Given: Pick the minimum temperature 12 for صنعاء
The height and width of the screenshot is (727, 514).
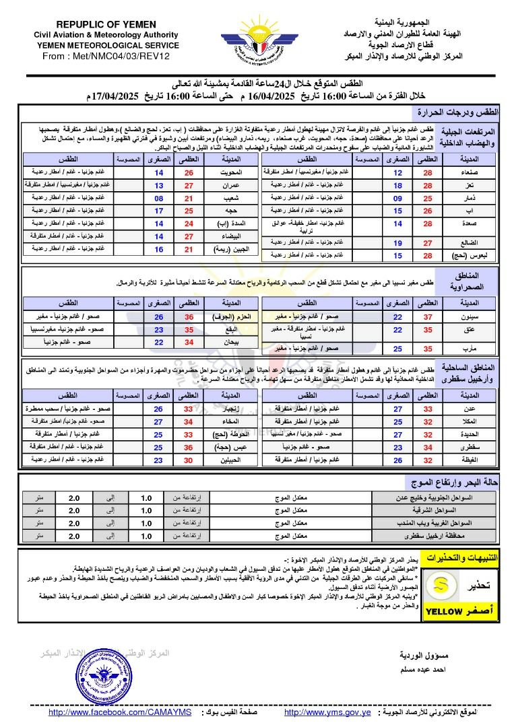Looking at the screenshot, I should [397, 172].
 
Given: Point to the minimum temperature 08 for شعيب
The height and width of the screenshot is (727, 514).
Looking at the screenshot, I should [158, 198].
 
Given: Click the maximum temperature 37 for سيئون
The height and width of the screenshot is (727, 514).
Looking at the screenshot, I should [428, 316].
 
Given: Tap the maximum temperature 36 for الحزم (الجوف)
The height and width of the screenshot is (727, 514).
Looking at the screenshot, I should [189, 316].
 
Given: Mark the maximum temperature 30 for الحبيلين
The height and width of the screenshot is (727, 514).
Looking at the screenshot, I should [189, 460].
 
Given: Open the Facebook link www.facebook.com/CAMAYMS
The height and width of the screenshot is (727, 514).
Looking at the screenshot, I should [121, 712].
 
